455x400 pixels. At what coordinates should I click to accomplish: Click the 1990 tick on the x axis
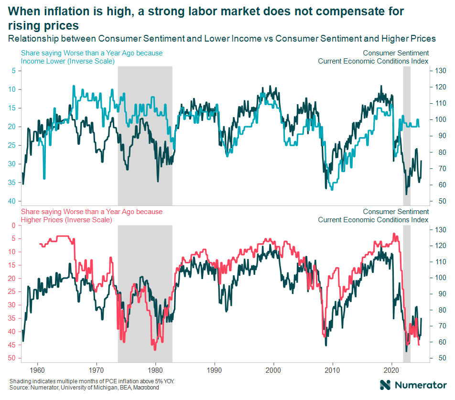[x=215, y=370]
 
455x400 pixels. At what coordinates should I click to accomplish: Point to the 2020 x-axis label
[x=391, y=370]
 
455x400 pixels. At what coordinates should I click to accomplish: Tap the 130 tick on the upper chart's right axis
[x=439, y=71]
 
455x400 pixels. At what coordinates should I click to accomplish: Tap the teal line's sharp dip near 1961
[x=44, y=178]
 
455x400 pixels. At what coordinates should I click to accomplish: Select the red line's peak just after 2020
[x=394, y=234]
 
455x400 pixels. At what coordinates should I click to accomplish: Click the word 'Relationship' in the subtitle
[x=31, y=39]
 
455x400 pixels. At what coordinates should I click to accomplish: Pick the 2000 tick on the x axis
[x=273, y=370]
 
